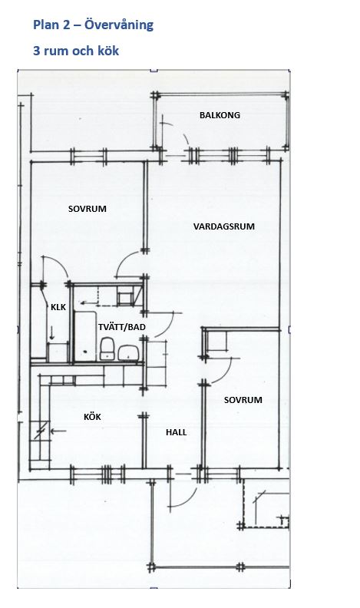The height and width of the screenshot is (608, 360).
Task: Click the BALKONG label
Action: point(220,115)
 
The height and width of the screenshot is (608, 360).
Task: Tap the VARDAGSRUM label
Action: point(224,226)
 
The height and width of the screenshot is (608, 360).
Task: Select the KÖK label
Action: point(92,417)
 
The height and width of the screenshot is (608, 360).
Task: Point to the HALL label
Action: point(177,432)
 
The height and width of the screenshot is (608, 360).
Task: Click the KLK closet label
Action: point(58,308)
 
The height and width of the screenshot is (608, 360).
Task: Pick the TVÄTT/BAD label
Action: point(122,327)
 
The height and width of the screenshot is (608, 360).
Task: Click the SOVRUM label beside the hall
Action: point(243,400)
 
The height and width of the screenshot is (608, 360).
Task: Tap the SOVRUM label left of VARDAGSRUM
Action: point(88,209)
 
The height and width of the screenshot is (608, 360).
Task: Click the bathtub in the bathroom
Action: point(85,336)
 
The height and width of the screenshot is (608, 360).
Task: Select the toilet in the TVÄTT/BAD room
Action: point(107,349)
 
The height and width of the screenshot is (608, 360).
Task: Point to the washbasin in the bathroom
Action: point(129,353)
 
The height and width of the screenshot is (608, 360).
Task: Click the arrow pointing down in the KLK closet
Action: point(52,333)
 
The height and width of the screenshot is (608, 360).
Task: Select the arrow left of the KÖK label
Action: point(58,431)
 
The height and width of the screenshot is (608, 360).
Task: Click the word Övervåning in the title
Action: point(119,25)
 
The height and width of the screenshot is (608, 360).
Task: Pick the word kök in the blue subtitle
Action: point(108,51)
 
